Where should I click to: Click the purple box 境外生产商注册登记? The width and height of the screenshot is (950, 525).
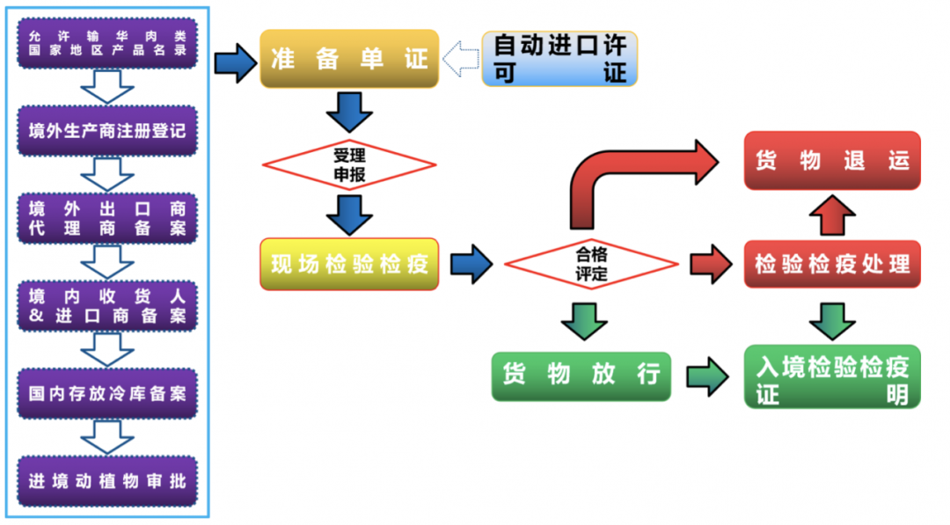click(107, 131)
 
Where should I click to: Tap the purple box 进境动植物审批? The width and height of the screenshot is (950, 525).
click(107, 481)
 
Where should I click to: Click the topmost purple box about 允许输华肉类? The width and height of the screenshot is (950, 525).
click(107, 44)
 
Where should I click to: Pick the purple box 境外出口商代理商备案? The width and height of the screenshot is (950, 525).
click(107, 218)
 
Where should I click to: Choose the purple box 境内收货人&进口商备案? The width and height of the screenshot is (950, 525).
click(107, 306)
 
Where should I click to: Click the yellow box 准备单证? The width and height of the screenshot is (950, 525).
click(348, 59)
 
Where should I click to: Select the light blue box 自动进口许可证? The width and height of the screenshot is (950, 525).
click(559, 59)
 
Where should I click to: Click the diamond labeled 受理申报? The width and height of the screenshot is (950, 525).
click(348, 164)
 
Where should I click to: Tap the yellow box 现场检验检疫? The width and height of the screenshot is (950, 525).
click(348, 264)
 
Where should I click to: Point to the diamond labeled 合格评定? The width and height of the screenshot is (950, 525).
click(591, 263)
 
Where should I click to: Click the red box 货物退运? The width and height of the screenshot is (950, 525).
click(831, 161)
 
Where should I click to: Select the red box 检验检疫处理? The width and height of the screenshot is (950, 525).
click(831, 263)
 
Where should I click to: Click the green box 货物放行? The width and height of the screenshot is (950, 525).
click(581, 376)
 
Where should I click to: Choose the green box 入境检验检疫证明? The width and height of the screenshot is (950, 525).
click(831, 376)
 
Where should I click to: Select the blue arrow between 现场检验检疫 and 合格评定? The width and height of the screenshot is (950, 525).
click(471, 264)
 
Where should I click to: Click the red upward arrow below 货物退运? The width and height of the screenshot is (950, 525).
click(831, 215)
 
